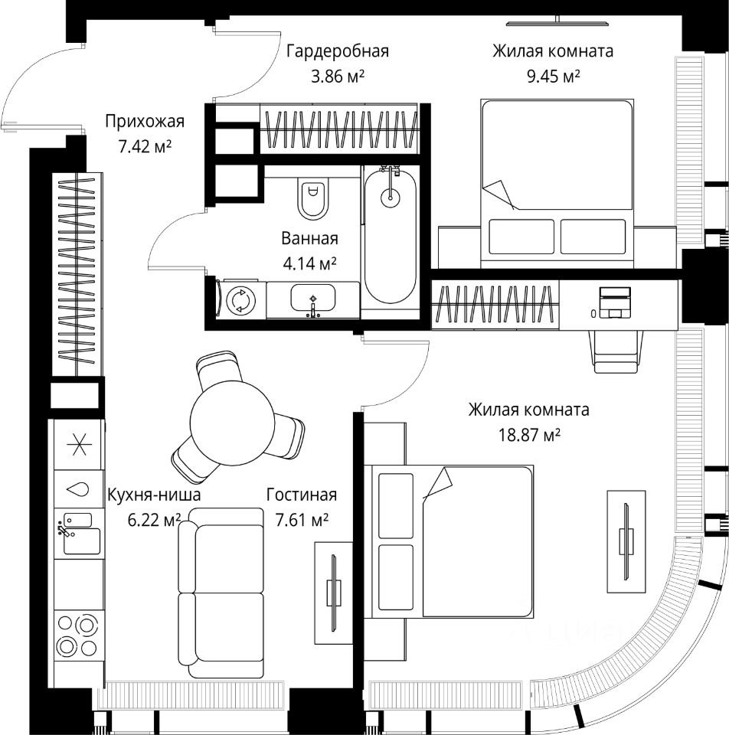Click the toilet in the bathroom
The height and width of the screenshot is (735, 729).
[x=312, y=198]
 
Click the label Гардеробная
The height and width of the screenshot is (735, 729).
[x=338, y=51]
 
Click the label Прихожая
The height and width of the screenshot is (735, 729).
[x=145, y=121]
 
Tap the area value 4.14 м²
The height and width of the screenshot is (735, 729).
[x=310, y=263]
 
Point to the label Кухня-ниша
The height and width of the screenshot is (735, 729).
[x=154, y=495]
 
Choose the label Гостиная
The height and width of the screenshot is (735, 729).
[x=302, y=495]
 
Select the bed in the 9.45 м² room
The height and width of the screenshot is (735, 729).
[x=557, y=183]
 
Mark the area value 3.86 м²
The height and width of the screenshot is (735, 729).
[x=335, y=76]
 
